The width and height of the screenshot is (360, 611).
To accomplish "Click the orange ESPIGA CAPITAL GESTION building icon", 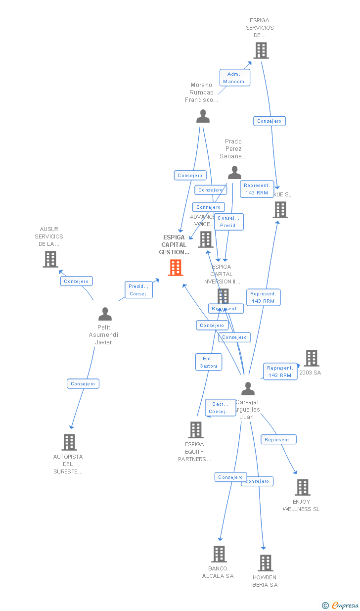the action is (176, 268).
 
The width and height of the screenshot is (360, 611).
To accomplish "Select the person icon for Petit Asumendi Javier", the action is (105, 314).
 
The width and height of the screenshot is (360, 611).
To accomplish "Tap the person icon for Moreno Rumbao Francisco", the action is (203, 116).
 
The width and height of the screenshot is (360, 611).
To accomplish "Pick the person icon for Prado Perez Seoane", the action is (234, 173).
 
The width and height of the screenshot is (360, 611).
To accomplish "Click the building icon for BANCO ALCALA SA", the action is (219, 554).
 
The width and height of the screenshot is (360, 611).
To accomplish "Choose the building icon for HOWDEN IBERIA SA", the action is (266, 563).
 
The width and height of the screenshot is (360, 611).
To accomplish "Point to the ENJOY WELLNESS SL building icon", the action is (302, 487).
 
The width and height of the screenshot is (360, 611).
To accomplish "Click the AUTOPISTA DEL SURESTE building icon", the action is (69, 442).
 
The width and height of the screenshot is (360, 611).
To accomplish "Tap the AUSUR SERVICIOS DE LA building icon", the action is (50, 259).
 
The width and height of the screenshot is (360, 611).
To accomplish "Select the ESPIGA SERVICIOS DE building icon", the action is (261, 50).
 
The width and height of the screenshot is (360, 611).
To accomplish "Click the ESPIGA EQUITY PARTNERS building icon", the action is (196, 430).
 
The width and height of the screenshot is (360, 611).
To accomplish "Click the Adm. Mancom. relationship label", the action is (234, 78).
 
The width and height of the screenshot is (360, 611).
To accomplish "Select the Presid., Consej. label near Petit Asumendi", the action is (138, 290).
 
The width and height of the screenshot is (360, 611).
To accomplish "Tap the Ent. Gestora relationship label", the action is (208, 362).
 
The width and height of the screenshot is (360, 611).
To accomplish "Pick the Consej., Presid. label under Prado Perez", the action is (228, 222).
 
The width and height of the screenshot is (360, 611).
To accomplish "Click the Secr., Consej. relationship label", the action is (220, 408).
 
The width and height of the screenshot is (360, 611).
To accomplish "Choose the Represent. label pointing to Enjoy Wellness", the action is (278, 439).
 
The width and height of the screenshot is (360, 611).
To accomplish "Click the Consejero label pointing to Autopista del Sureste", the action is (83, 383).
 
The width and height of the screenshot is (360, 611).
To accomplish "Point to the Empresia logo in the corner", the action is (341, 605).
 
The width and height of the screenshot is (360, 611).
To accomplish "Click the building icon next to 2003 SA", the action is (311, 358).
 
